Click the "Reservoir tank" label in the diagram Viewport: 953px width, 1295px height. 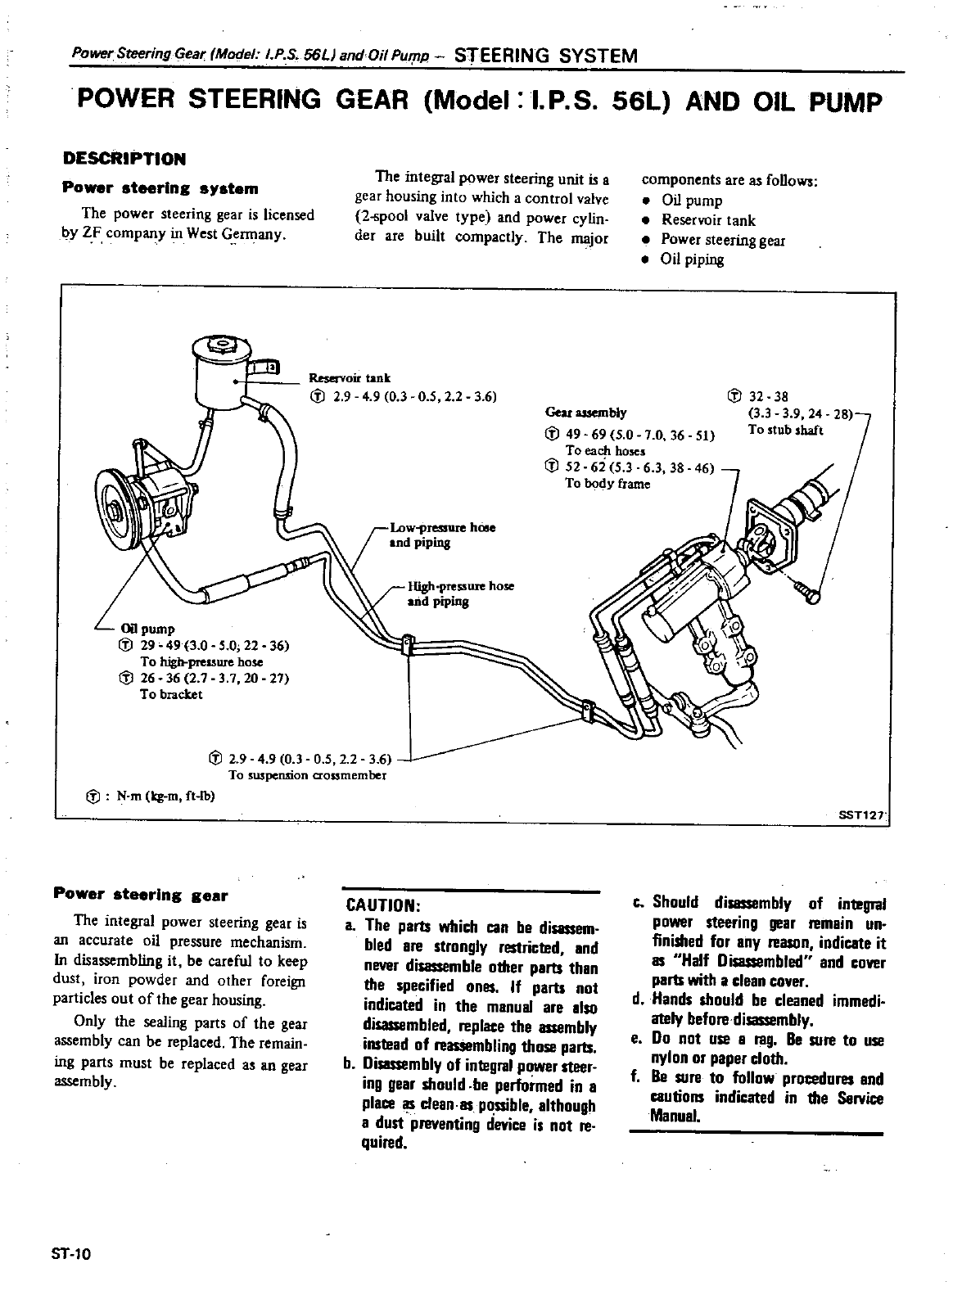pyautogui.click(x=350, y=378)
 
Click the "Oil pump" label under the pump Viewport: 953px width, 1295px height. pyautogui.click(x=147, y=629)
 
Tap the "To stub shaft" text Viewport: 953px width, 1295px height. pyautogui.click(x=785, y=431)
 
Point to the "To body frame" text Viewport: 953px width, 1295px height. pyautogui.click(x=607, y=484)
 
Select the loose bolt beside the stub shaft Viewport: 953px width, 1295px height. pyautogui.click(x=808, y=593)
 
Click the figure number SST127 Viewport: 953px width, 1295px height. pyautogui.click(x=862, y=815)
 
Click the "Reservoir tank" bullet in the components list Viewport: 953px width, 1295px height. pyautogui.click(x=708, y=220)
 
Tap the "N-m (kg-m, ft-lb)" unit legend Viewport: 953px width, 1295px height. pyautogui.click(x=160, y=796)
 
